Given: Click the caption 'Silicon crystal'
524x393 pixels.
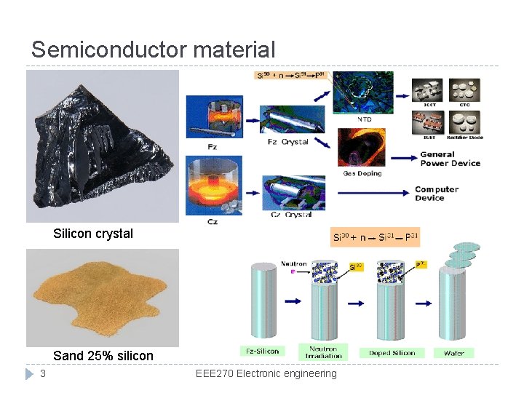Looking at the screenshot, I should pyautogui.click(x=93, y=234).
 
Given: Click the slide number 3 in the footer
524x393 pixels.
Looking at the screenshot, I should pyautogui.click(x=43, y=373).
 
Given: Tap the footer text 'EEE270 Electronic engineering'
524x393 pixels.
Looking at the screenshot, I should pyautogui.click(x=266, y=373).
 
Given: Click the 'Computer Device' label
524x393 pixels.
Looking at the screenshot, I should pyautogui.click(x=437, y=194).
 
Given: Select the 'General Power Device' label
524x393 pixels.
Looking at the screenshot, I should pyautogui.click(x=450, y=159).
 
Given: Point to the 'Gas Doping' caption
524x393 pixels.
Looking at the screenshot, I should pyautogui.click(x=362, y=173).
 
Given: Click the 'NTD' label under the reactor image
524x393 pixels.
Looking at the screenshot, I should pyautogui.click(x=364, y=119).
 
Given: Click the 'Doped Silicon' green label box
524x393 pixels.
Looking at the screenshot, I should pyautogui.click(x=392, y=353).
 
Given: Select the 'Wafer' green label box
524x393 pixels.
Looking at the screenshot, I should pyautogui.click(x=453, y=353).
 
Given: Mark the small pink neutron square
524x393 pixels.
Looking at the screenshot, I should pyautogui.click(x=293, y=271).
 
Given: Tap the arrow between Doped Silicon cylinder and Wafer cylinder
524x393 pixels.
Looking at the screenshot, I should pyautogui.click(x=422, y=301).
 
